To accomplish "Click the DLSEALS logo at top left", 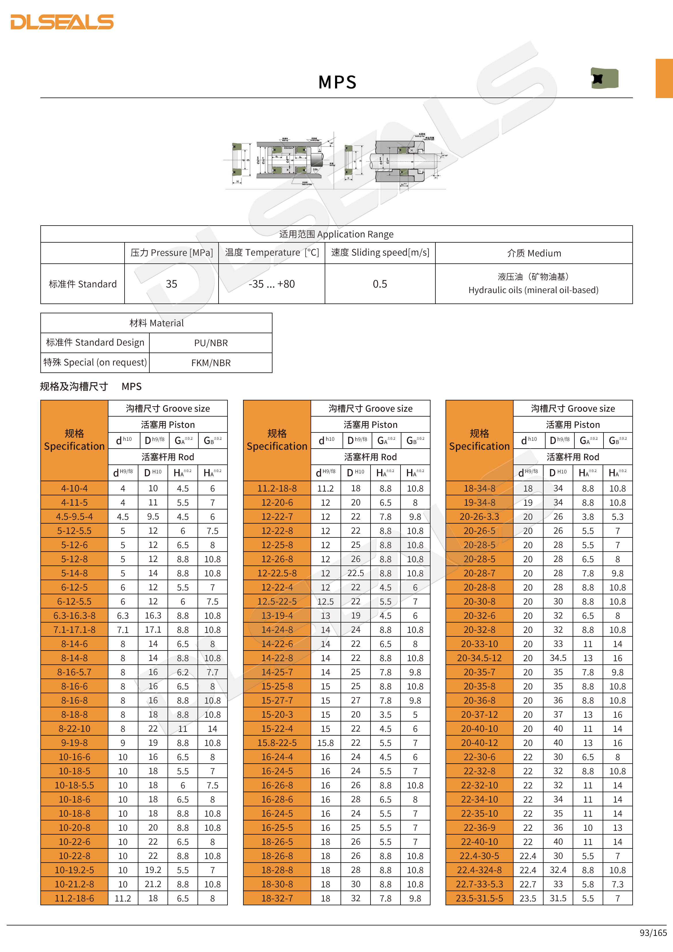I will point(62,22).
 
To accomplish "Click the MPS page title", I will point(337,82).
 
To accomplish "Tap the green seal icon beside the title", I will point(604,78).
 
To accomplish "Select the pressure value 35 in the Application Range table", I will point(171,284).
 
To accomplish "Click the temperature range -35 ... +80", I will point(271,284).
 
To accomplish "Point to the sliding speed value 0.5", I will point(379,284).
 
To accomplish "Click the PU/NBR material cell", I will point(211,343).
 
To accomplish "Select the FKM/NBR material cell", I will point(211,363).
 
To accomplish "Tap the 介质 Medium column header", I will point(534,253).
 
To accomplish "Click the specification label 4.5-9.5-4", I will point(75,517).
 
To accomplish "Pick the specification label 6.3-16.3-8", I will point(75,616).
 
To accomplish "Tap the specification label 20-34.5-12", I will point(480,658).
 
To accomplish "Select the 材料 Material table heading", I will point(156,323).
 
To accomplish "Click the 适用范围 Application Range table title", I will point(336,234).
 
